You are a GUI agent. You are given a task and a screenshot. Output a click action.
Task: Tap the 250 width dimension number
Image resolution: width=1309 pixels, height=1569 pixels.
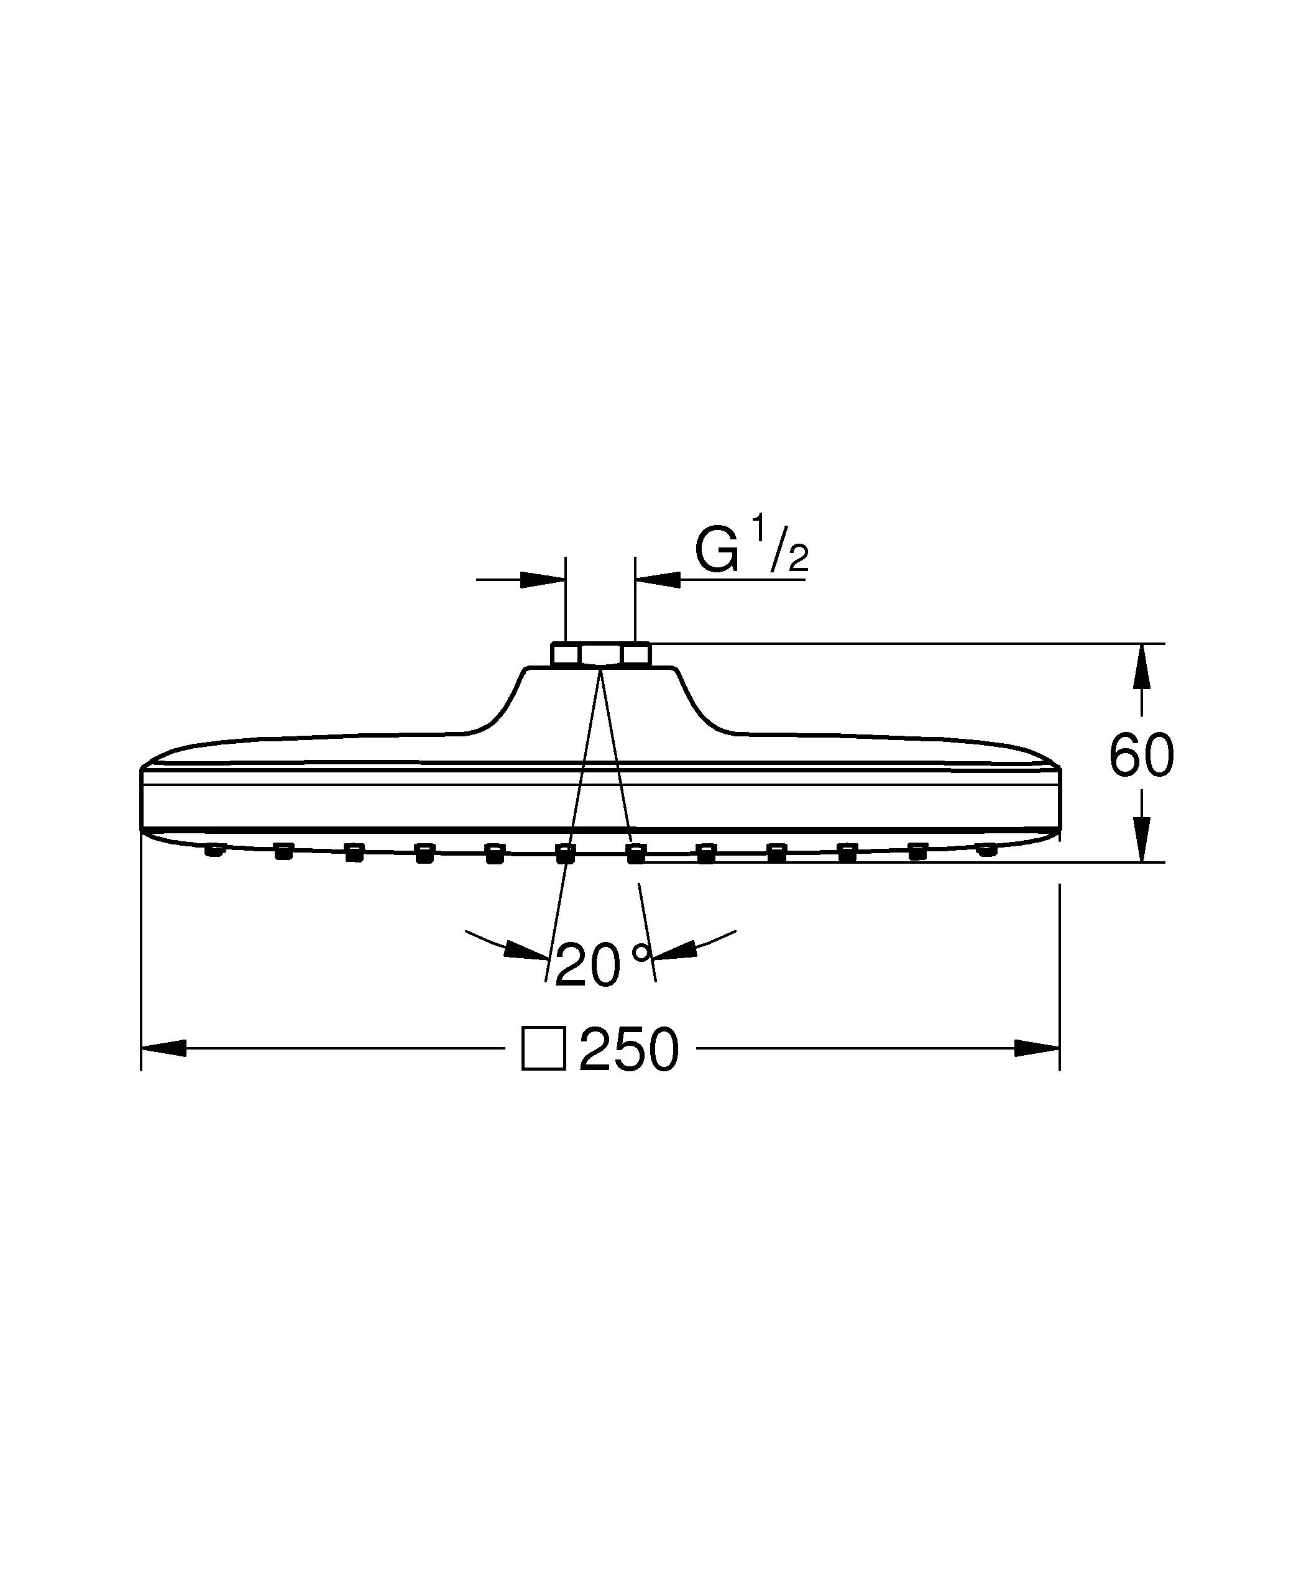629,1049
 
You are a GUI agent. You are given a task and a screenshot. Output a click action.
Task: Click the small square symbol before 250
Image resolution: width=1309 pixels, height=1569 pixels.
543,1049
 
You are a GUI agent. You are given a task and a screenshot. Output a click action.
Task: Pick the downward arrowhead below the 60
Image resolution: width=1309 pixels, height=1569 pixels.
1141,839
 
